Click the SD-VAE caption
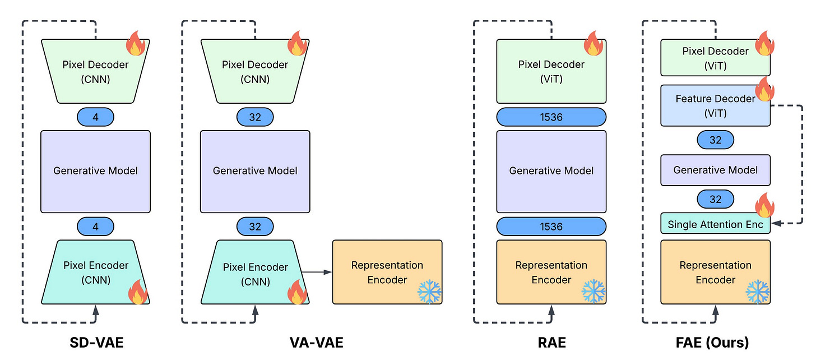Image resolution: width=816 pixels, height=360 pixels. click(x=96, y=343)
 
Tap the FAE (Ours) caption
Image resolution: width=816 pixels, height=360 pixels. click(x=712, y=343)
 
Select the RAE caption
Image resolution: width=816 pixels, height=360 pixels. click(x=551, y=343)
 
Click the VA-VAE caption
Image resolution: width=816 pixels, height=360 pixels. click(x=316, y=343)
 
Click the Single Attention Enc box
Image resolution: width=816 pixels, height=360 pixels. click(x=716, y=223)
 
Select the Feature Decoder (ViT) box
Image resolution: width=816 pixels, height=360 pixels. click(x=716, y=105)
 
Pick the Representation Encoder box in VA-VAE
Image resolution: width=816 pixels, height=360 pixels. click(x=387, y=272)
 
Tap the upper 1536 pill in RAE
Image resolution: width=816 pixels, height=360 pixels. click(x=551, y=117)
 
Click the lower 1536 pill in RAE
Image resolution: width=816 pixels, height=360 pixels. click(x=551, y=227)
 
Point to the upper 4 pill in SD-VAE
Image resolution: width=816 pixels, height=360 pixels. click(x=95, y=117)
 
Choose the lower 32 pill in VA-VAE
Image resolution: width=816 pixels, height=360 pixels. click(x=255, y=227)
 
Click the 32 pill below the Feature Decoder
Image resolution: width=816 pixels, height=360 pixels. click(x=716, y=140)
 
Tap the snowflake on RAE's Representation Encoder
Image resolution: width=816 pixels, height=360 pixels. click(x=594, y=291)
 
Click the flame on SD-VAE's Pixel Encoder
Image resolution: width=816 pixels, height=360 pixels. click(x=138, y=292)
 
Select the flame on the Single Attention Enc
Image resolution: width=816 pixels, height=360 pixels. click(x=764, y=205)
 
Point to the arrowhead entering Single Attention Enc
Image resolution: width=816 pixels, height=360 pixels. click(x=776, y=223)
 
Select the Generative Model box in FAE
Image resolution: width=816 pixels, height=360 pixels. click(x=716, y=170)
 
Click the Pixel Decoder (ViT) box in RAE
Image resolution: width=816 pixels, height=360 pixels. click(x=551, y=71)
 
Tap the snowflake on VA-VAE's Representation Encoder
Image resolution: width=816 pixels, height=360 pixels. click(x=429, y=291)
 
